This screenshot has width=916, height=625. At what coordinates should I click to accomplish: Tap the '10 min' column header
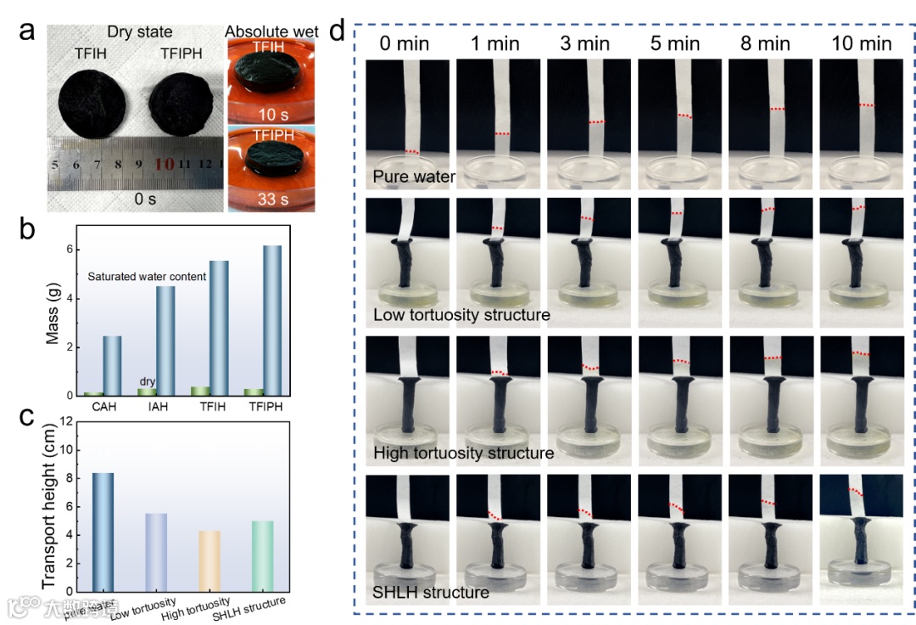click(863, 42)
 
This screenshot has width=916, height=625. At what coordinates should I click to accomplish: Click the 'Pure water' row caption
click(413, 177)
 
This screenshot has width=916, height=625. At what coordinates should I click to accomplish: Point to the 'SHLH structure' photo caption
click(431, 592)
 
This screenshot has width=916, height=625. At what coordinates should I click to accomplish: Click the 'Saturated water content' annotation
click(148, 277)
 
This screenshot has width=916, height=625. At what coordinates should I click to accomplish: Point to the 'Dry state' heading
click(140, 32)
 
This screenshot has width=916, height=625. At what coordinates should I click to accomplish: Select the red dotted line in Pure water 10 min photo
click(863, 105)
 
